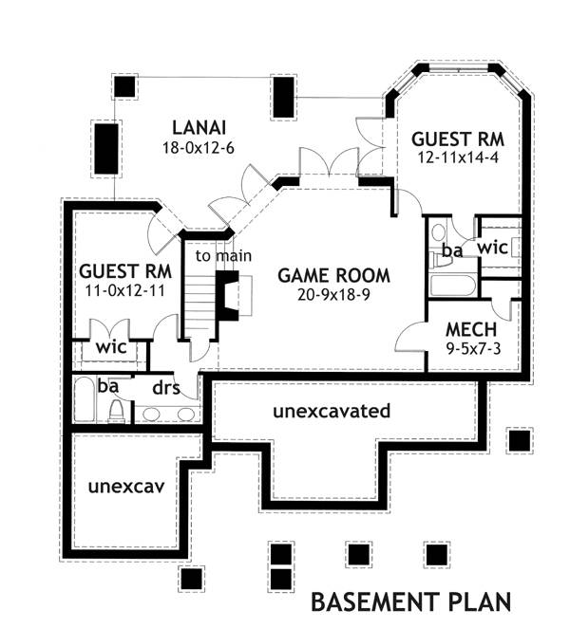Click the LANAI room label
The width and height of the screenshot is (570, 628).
(198, 127)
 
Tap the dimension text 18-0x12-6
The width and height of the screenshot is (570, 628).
(198, 147)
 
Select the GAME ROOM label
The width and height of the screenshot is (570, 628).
(333, 276)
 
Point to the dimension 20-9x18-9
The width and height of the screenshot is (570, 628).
(333, 295)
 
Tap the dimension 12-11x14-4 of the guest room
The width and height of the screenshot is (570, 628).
(456, 157)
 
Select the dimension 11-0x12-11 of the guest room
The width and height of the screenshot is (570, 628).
(123, 290)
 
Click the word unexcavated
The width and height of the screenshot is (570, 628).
(332, 412)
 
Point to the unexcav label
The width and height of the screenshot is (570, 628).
(127, 487)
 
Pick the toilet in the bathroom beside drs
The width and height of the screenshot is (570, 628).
(117, 410)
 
